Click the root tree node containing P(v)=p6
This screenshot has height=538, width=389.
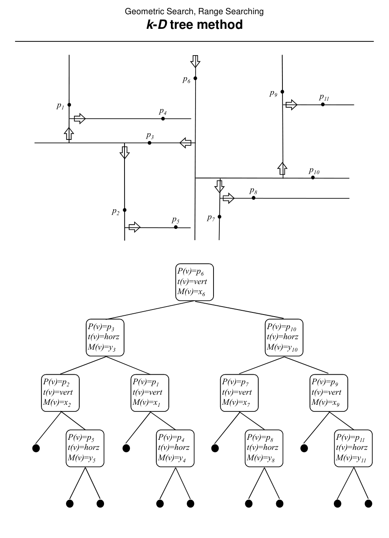194,282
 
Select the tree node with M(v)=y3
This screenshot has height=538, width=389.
105,337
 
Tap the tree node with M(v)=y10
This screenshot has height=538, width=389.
284,337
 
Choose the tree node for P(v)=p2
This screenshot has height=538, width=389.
61,393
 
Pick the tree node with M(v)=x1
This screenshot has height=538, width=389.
150,393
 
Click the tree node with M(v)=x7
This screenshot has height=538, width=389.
239,393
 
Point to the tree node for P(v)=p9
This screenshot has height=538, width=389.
328,393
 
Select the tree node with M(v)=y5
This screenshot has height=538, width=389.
85,448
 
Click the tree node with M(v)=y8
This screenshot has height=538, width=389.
264,448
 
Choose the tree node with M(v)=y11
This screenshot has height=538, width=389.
353,448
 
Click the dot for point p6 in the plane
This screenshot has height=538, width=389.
195,78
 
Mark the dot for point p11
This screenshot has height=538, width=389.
323,104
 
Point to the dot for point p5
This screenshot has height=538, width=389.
176,227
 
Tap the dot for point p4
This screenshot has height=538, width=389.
163,119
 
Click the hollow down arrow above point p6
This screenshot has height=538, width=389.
195,61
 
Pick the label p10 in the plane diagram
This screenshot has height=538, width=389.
314,170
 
